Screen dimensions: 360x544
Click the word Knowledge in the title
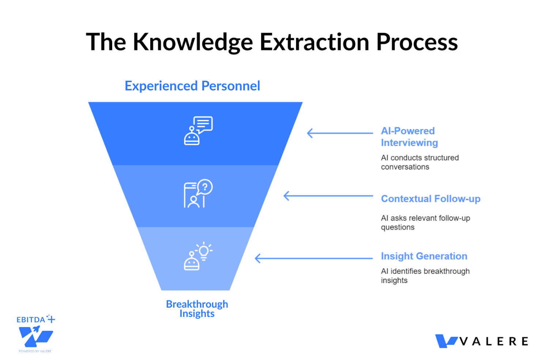click(x=193, y=42)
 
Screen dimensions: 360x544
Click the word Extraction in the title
click(x=314, y=42)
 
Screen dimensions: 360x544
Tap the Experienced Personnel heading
click(x=192, y=86)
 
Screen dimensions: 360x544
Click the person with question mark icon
click(x=198, y=194)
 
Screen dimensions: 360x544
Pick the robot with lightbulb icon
click(x=198, y=256)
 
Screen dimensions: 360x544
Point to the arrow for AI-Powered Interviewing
click(x=340, y=133)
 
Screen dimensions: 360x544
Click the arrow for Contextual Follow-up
click(x=328, y=196)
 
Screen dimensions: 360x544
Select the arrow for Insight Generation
click(x=313, y=259)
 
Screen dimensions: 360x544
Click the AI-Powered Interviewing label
click(x=409, y=137)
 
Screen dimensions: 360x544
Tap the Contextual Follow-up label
click(x=430, y=199)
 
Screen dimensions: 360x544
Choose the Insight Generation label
click(x=424, y=256)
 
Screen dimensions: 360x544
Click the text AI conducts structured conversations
click(x=419, y=162)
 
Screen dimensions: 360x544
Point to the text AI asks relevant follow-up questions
click(x=425, y=222)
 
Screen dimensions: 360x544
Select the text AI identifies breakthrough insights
click(x=425, y=276)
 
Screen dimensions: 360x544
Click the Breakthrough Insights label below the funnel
click(x=197, y=309)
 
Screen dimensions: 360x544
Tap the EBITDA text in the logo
click(x=31, y=320)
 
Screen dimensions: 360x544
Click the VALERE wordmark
click(x=494, y=342)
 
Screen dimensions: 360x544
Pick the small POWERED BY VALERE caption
click(x=35, y=351)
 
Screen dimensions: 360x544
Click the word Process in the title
click(x=417, y=42)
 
